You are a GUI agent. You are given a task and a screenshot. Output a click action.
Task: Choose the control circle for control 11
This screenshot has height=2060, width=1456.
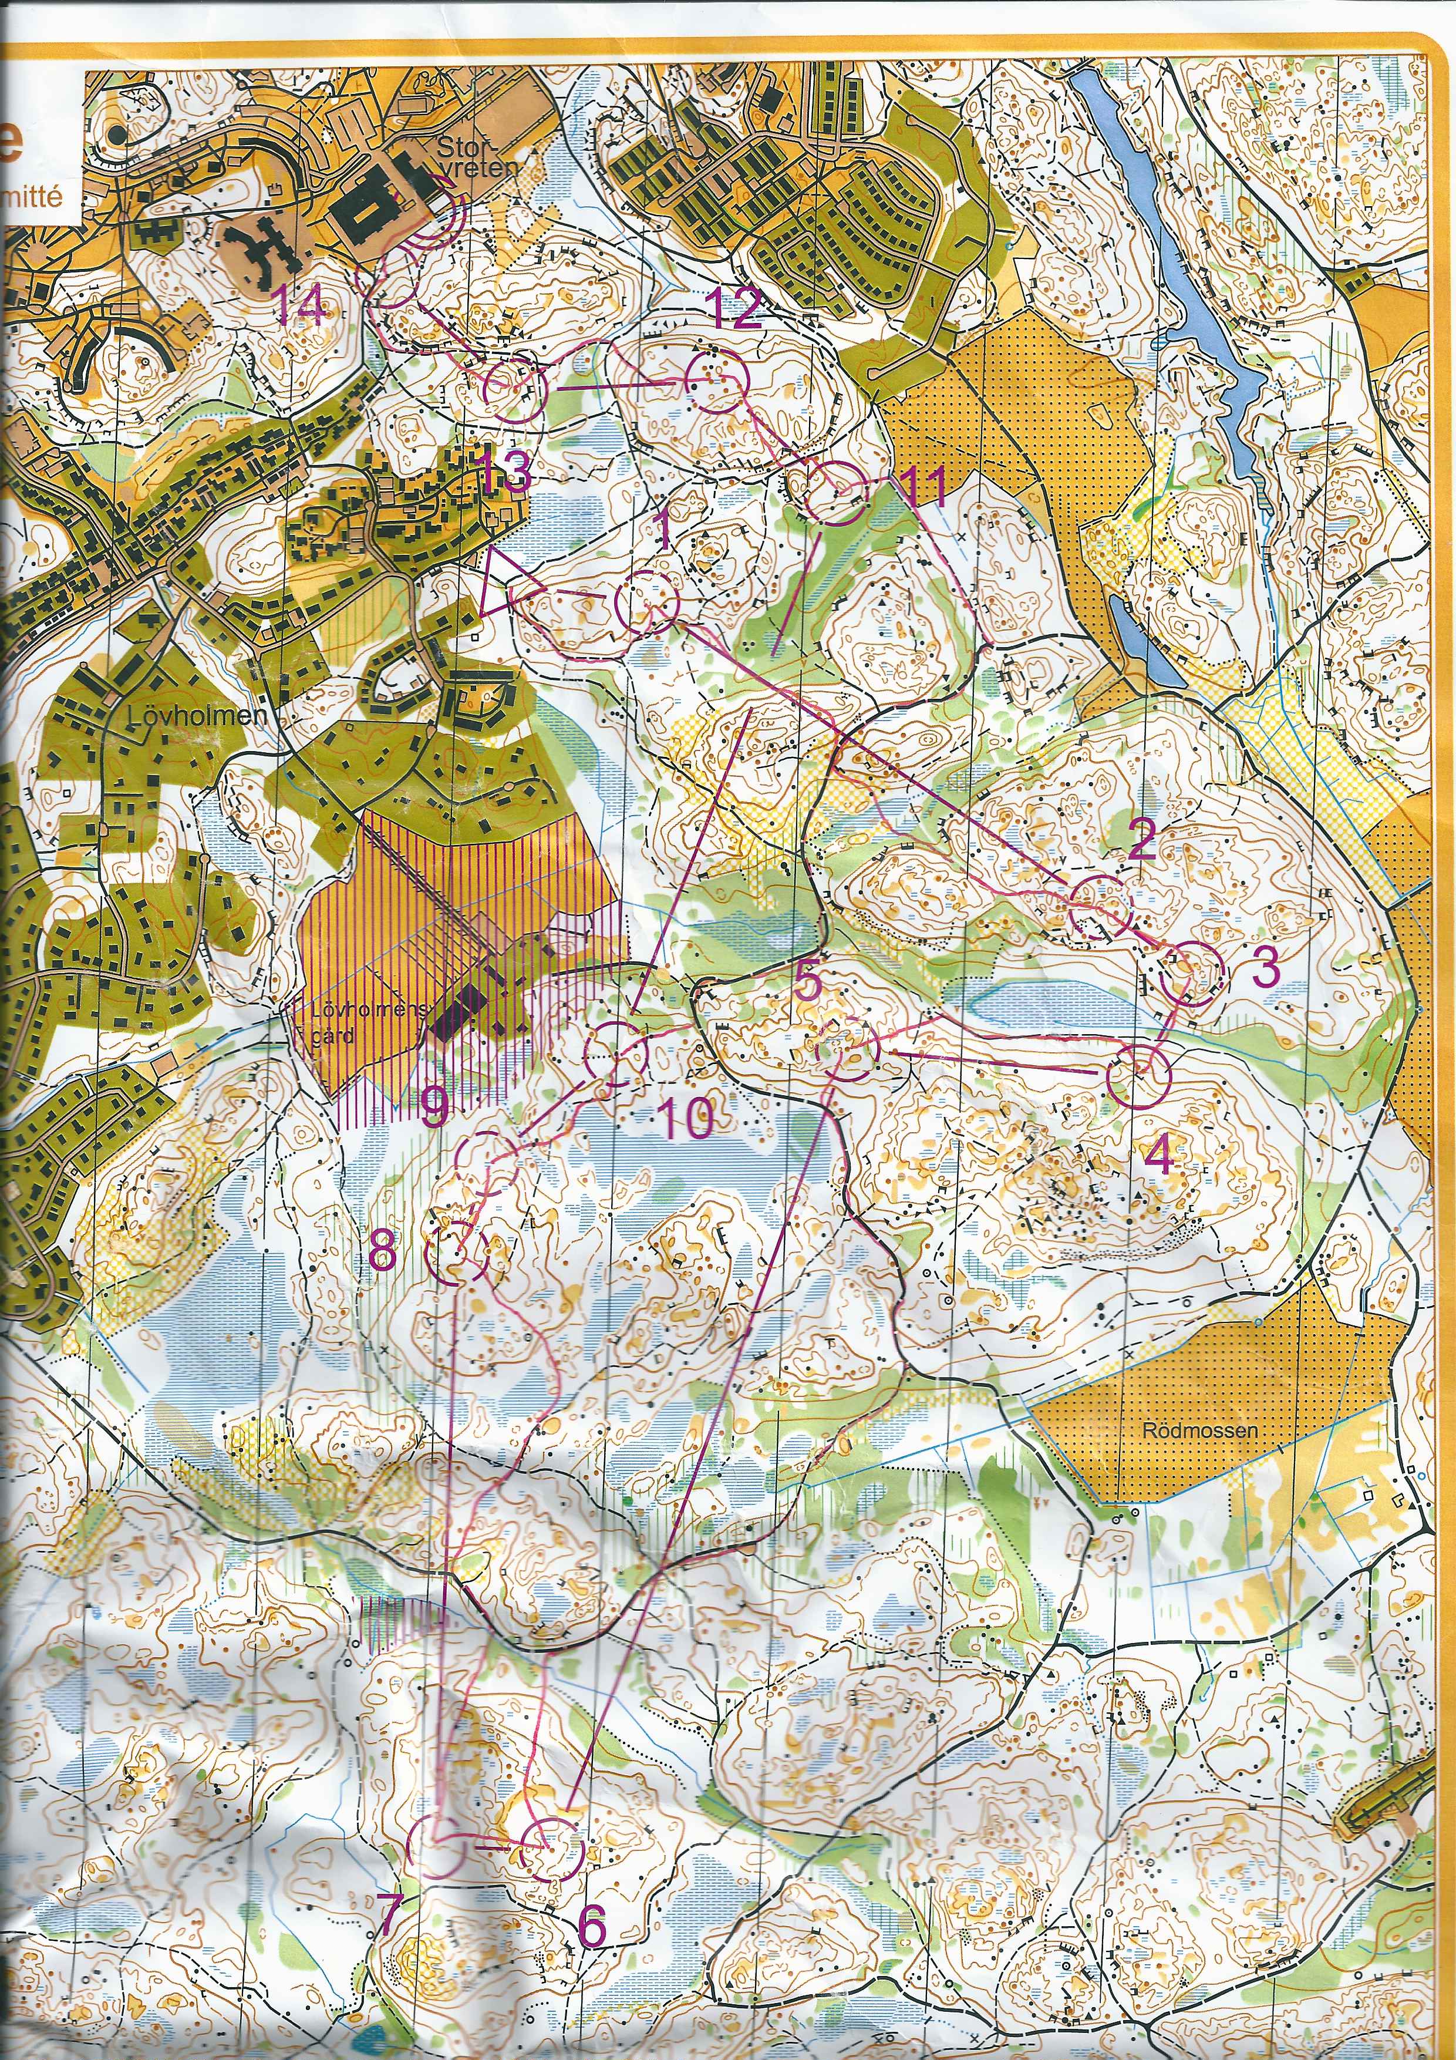click(x=836, y=493)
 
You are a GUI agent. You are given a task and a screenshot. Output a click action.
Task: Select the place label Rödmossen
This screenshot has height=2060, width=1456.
click(x=1199, y=1430)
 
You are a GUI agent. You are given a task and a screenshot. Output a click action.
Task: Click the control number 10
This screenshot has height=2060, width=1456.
click(x=686, y=1118)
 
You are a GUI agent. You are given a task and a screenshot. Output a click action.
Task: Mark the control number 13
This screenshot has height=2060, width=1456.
click(x=504, y=472)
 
